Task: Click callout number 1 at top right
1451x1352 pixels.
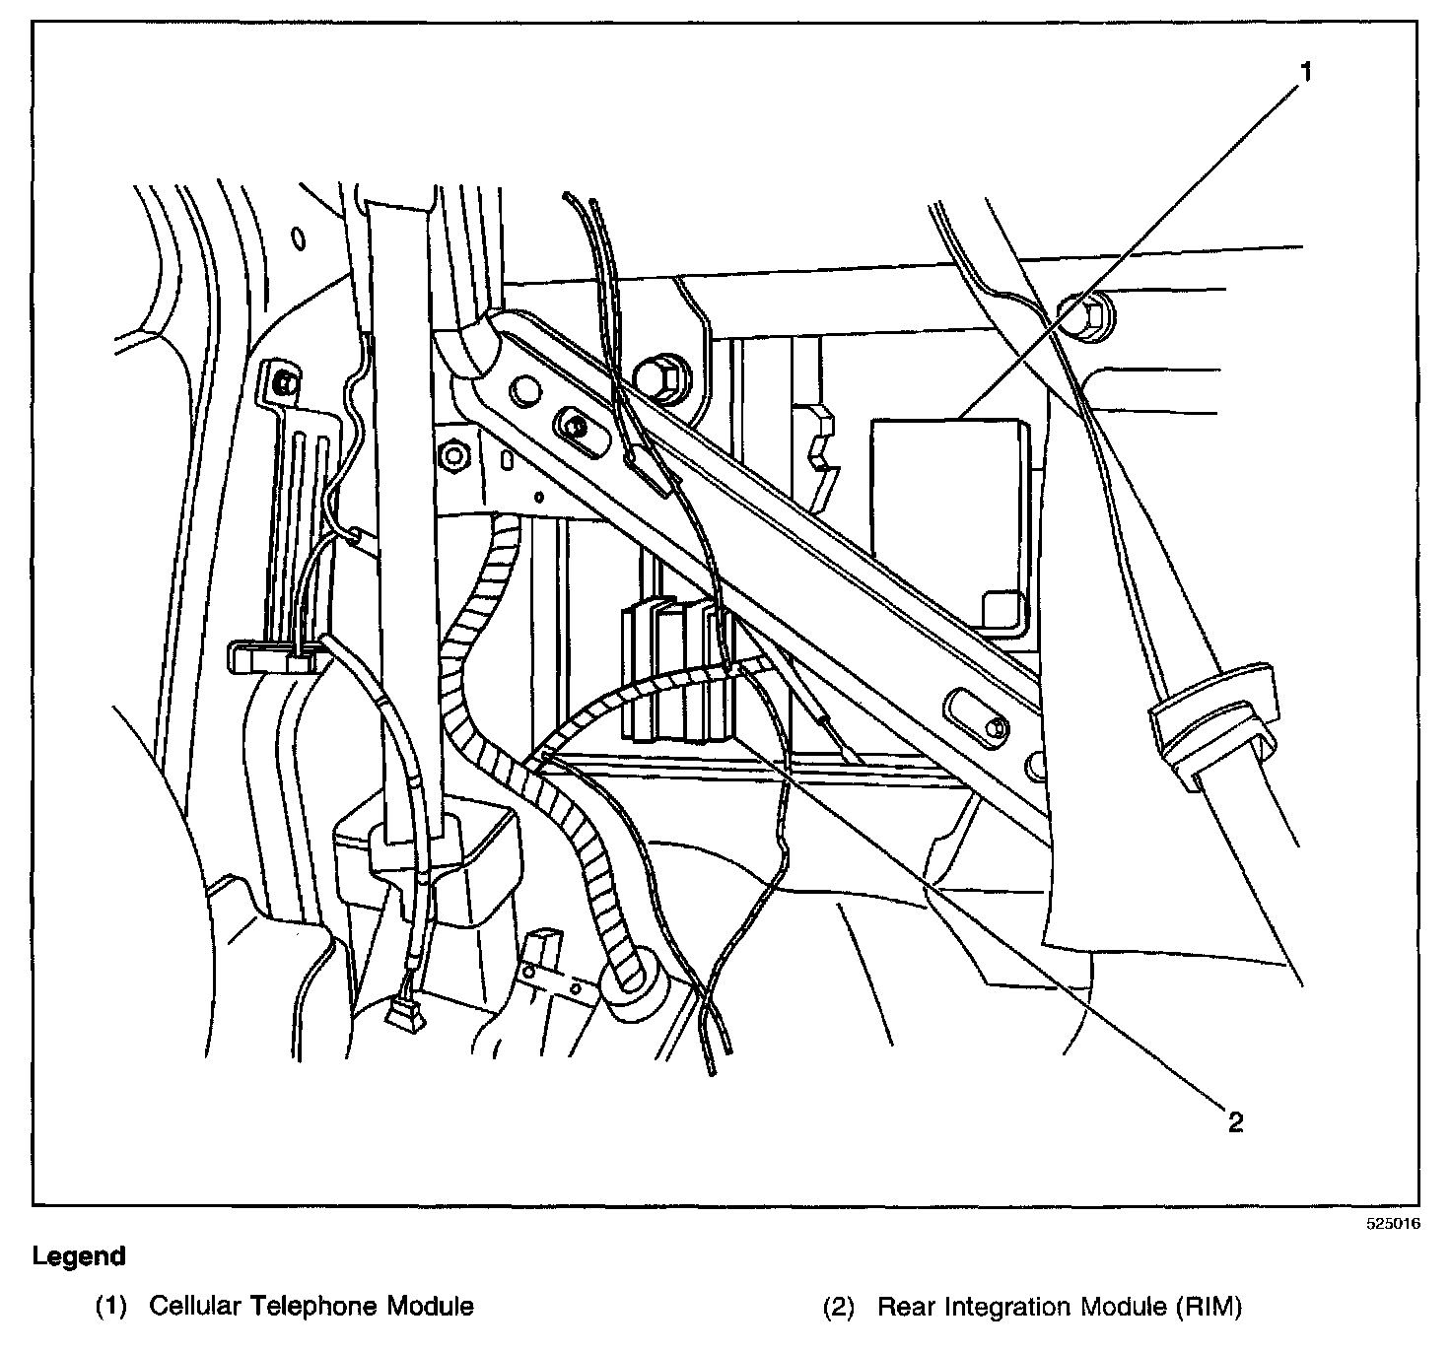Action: (x=1305, y=72)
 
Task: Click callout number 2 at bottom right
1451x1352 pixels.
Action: (x=1235, y=1121)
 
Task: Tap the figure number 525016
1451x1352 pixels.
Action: (x=1393, y=1225)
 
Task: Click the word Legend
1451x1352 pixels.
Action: (x=79, y=1256)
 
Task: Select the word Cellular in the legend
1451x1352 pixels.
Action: (x=196, y=1307)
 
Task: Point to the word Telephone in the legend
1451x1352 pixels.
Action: (x=313, y=1307)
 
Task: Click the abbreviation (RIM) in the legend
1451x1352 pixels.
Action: (x=1209, y=1307)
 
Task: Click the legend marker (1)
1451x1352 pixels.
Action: (x=110, y=1307)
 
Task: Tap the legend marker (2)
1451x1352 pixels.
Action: (x=839, y=1307)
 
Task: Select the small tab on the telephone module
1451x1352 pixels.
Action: (x=1003, y=607)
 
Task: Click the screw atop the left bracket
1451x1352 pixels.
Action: (x=283, y=382)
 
